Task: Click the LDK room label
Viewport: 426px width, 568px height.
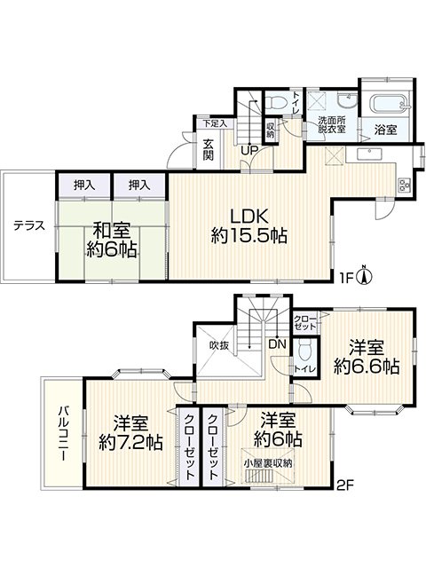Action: point(249,225)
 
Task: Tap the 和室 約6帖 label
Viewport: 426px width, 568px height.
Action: point(112,240)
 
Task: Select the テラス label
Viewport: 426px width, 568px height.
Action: point(29,225)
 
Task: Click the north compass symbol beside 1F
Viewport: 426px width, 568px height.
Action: point(366,276)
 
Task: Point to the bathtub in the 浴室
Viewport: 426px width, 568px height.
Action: point(388,104)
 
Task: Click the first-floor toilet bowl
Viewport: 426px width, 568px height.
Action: point(277,101)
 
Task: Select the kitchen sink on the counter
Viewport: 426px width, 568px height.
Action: point(369,154)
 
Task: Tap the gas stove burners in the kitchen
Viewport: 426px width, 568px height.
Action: point(403,185)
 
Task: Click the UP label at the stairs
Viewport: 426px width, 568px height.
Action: point(249,150)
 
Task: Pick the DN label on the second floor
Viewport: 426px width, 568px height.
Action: point(277,343)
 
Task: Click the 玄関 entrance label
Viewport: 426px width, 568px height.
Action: point(208,149)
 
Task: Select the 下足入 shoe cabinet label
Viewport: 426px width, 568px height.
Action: point(215,123)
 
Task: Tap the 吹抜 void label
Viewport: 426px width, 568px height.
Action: point(219,346)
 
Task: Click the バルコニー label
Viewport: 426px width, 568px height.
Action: point(64,434)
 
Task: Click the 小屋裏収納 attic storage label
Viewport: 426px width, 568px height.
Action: point(268,463)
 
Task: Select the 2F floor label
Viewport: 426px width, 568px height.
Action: point(345,485)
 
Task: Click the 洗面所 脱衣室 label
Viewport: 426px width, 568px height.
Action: point(331,124)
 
